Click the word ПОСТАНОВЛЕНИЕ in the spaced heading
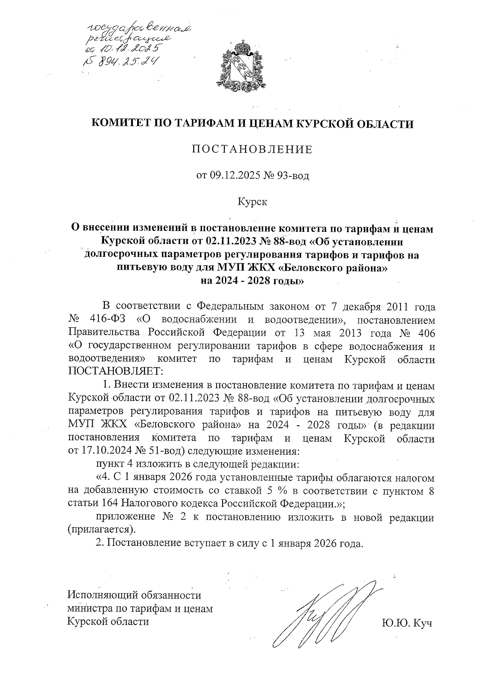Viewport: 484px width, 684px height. click(x=252, y=150)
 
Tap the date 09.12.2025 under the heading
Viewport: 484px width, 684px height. click(x=236, y=175)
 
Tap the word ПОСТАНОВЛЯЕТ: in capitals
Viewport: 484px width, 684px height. click(x=115, y=371)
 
